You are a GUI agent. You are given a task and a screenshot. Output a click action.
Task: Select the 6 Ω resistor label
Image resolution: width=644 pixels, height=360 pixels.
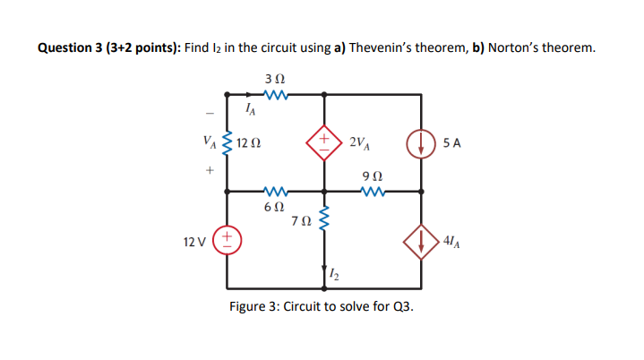pos(274,206)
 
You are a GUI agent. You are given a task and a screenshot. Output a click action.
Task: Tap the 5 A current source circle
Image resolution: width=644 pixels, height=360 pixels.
pos(421,142)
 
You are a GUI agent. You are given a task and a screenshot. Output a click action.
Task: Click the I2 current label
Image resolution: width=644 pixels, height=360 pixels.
pos(335,272)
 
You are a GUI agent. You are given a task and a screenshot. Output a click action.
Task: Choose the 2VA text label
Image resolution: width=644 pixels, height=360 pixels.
pos(361,142)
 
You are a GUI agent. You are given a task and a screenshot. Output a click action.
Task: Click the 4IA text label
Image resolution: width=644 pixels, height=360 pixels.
pos(452,240)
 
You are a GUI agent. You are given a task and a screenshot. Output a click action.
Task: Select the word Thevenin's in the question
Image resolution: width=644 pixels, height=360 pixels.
pos(387,47)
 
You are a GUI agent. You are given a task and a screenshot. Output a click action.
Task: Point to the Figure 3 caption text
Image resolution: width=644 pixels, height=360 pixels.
pos(322,307)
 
